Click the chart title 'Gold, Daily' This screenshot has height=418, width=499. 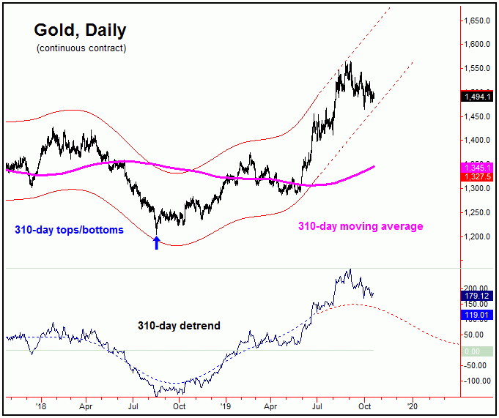[x=80, y=31]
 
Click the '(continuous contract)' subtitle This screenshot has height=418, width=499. [x=81, y=48]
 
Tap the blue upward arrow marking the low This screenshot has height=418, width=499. [x=156, y=242]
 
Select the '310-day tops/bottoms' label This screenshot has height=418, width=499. [x=69, y=230]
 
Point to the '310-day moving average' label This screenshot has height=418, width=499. [x=361, y=226]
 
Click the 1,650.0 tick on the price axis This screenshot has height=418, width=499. [x=477, y=21]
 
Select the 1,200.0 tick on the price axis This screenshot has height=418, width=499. [x=477, y=237]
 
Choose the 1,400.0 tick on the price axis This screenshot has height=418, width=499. [x=477, y=141]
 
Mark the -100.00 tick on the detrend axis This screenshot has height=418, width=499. [x=477, y=381]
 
